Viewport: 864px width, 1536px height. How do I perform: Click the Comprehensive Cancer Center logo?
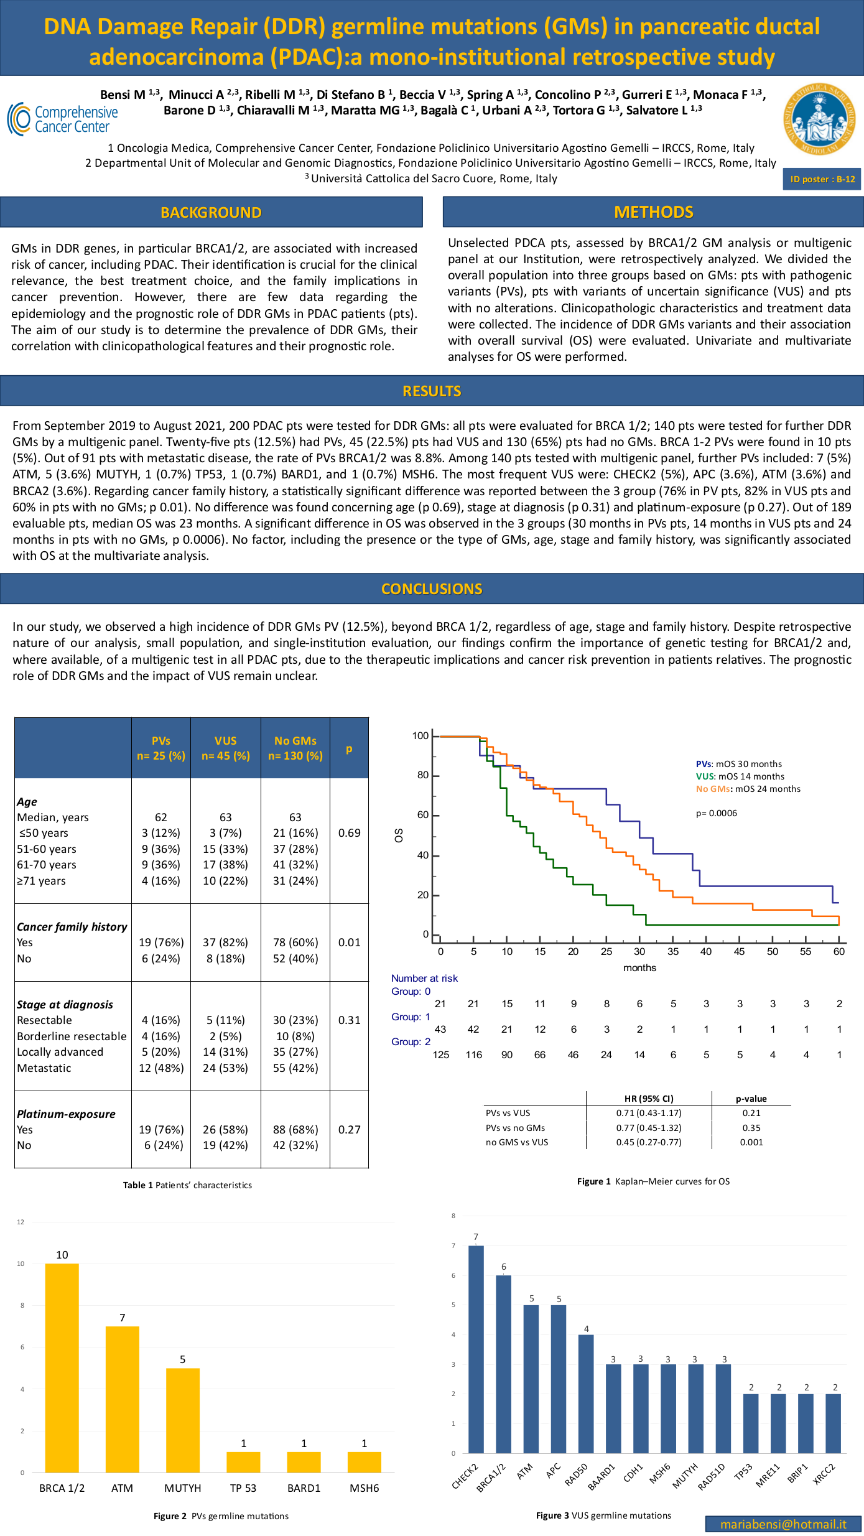(x=63, y=119)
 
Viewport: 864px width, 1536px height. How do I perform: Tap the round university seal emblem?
(x=819, y=119)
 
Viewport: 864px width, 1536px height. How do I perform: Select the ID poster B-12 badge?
(x=822, y=179)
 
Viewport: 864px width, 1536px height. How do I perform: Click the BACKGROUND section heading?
(x=211, y=212)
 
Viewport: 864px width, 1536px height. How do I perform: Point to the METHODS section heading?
(x=653, y=212)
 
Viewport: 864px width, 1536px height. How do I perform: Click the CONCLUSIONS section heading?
(x=432, y=589)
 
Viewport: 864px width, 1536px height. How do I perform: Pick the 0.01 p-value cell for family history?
(x=349, y=943)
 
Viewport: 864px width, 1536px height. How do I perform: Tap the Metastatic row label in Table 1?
(x=44, y=1068)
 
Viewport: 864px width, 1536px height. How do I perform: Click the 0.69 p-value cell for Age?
(x=349, y=833)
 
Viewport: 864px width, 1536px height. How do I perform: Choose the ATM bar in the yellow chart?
(x=123, y=1400)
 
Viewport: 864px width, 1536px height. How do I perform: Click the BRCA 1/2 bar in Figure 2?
(x=62, y=1368)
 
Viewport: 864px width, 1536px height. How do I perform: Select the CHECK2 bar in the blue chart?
(x=476, y=1349)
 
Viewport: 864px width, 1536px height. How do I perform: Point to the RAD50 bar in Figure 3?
(x=586, y=1394)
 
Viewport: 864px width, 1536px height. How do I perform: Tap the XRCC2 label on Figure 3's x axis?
(x=825, y=1474)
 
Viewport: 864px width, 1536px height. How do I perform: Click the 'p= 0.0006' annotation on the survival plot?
(x=716, y=813)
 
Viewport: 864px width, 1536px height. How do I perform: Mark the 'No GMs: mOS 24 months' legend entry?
(x=748, y=789)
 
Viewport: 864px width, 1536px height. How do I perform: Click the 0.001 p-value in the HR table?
(x=751, y=1142)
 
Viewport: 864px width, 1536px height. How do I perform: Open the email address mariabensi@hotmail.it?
(x=783, y=1524)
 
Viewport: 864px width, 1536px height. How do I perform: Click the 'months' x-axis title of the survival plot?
(x=639, y=967)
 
